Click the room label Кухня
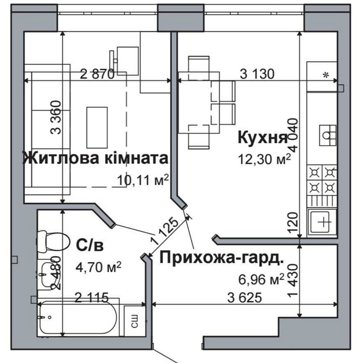click(262, 138)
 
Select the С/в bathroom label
click(89, 245)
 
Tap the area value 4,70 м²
click(98, 267)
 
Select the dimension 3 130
click(253, 74)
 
